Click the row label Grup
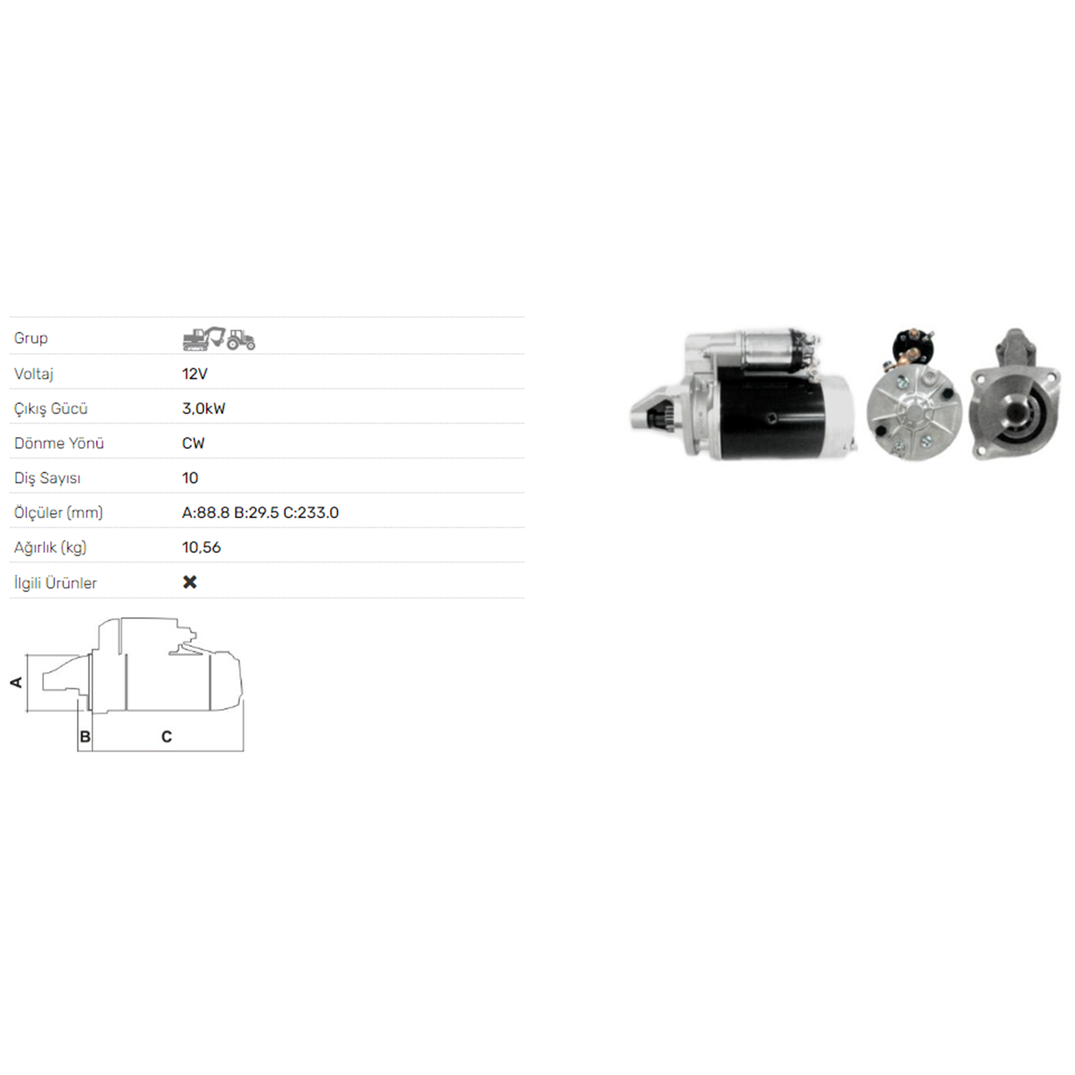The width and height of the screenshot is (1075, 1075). [x=31, y=338]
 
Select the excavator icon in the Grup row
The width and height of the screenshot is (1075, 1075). [x=204, y=338]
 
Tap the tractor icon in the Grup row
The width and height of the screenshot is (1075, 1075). [x=241, y=339]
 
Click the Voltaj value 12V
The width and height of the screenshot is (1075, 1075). [x=195, y=373]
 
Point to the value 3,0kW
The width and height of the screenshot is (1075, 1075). [x=204, y=408]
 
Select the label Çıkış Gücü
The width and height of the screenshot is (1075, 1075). [x=51, y=408]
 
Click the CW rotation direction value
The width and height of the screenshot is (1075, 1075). [x=193, y=443]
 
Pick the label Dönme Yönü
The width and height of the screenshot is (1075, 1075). [x=59, y=443]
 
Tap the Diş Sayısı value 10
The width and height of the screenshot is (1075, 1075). [x=190, y=478]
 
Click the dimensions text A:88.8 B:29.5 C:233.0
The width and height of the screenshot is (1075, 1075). [x=260, y=512]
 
